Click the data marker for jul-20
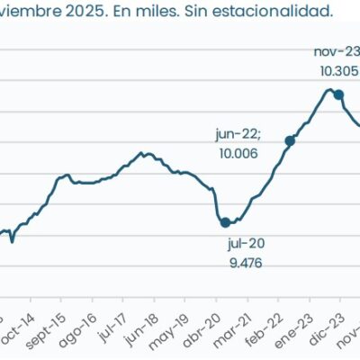226,221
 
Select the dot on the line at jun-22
290,140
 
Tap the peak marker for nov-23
338,94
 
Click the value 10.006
238,154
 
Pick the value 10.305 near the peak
337,71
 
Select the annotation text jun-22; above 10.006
238,134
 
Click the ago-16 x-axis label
79,329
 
